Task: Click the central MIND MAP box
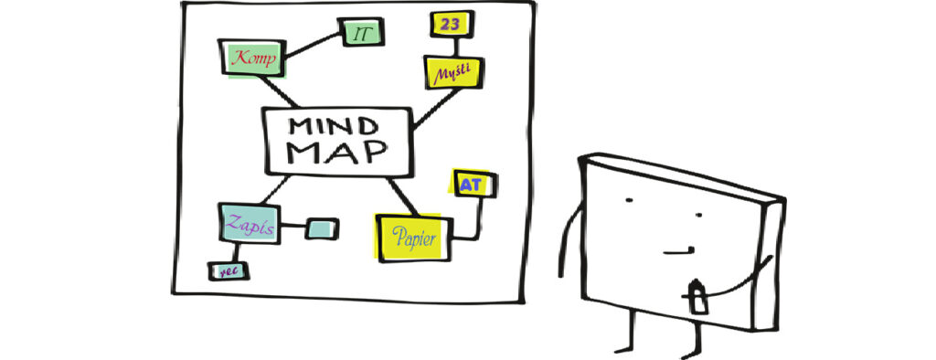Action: pyautogui.click(x=338, y=143)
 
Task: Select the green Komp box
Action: pyautogui.click(x=252, y=58)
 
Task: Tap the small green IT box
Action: pyautogui.click(x=360, y=32)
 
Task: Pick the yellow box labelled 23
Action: pyautogui.click(x=452, y=25)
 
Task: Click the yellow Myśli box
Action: pyautogui.click(x=453, y=73)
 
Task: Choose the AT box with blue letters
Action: pyautogui.click(x=473, y=184)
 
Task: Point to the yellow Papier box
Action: pyautogui.click(x=414, y=238)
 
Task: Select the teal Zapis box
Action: pyautogui.click(x=250, y=223)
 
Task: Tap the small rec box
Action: pyautogui.click(x=228, y=271)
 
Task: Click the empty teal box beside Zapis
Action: pyautogui.click(x=322, y=228)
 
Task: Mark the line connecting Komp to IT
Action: pyautogui.click(x=313, y=46)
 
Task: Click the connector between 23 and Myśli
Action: pyautogui.click(x=456, y=48)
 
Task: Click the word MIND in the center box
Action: pyautogui.click(x=333, y=127)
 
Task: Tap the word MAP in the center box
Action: pyautogui.click(x=337, y=153)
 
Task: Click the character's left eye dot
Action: pyautogui.click(x=629, y=200)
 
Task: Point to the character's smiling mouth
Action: pyautogui.click(x=679, y=250)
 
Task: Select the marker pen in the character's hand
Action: pyautogui.click(x=697, y=295)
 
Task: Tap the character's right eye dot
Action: pyautogui.click(x=698, y=215)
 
